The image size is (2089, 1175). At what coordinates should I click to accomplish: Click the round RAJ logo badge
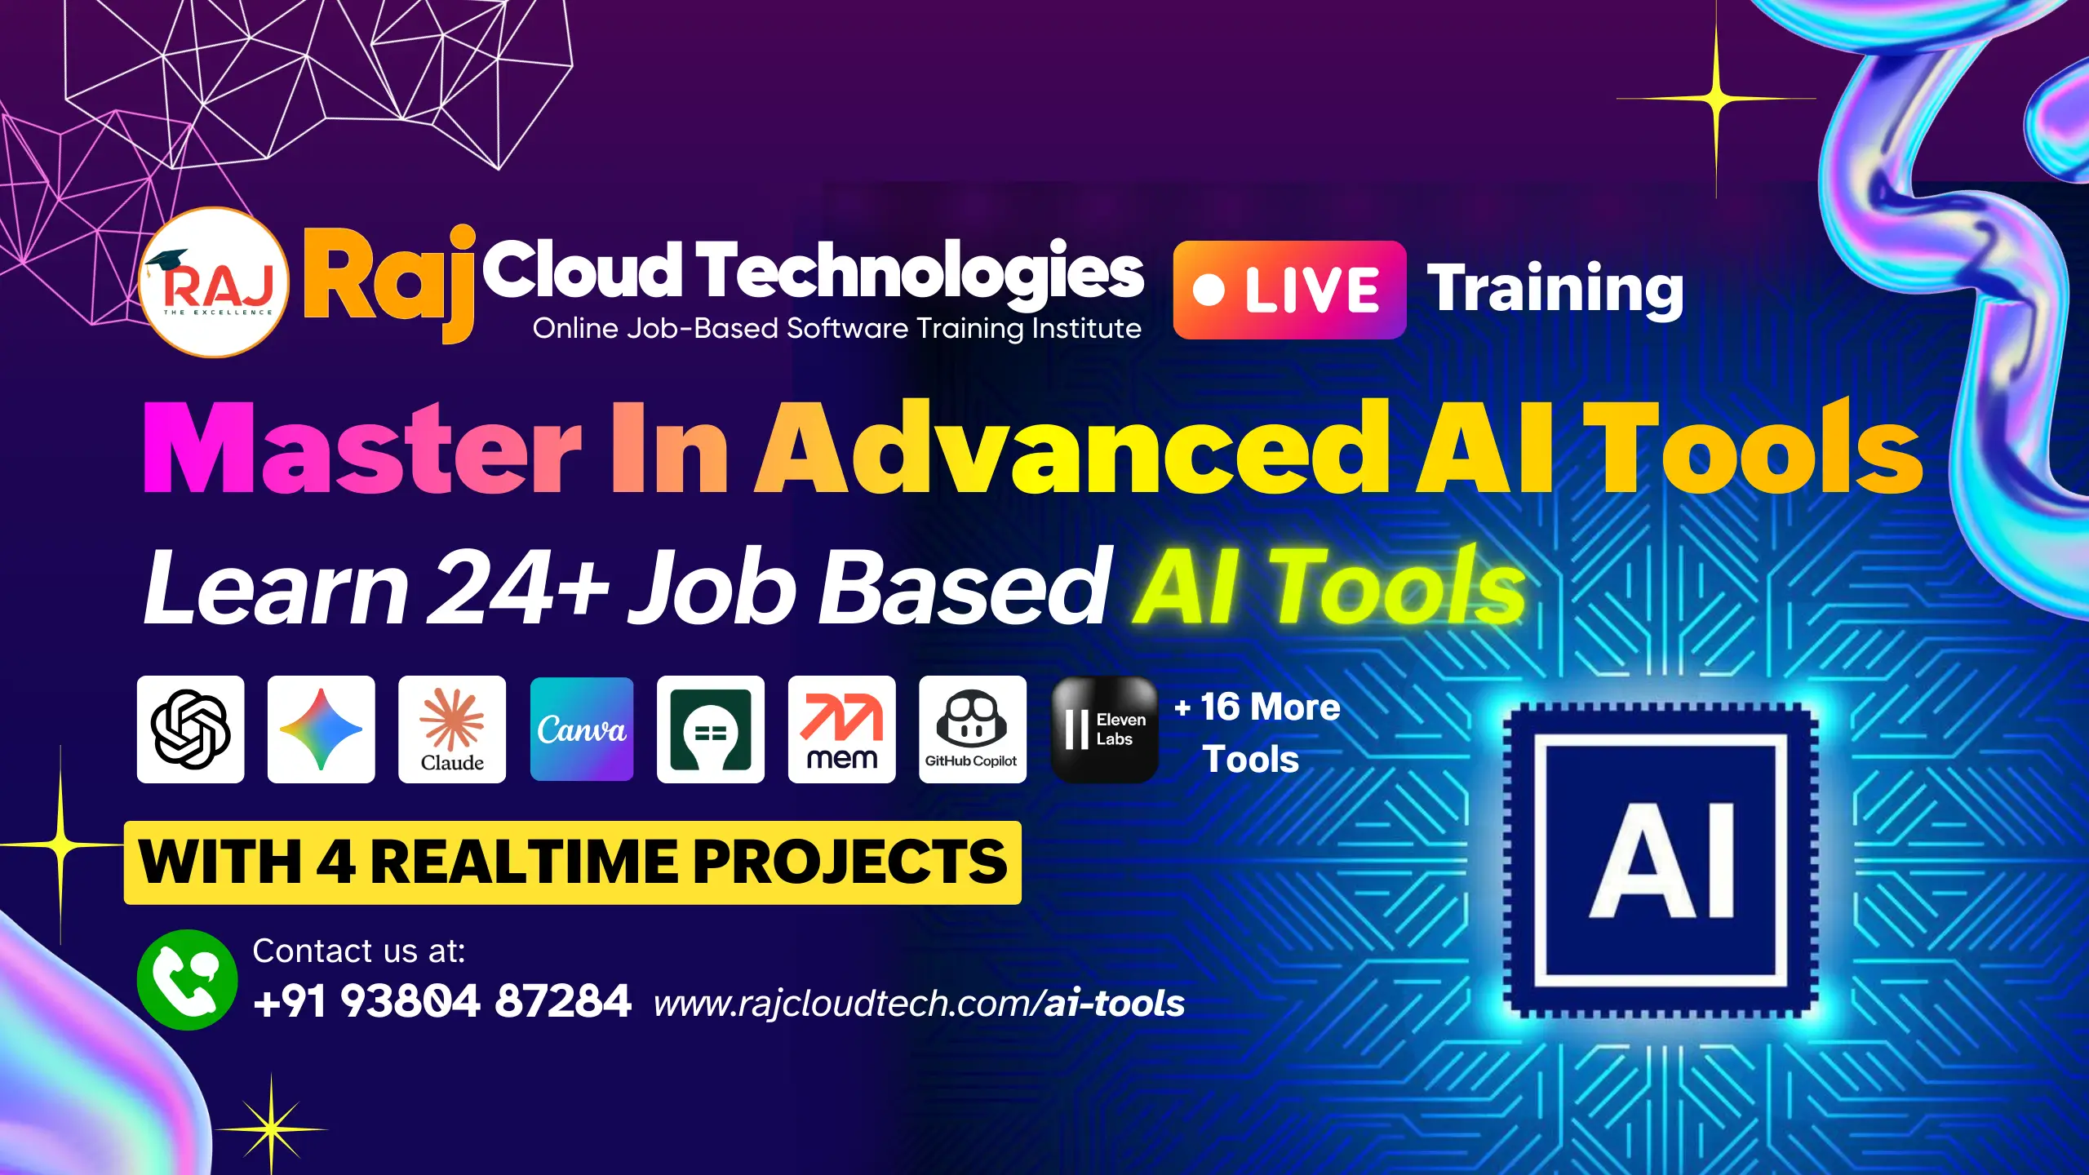click(214, 282)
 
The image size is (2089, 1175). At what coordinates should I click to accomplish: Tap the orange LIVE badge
click(1289, 290)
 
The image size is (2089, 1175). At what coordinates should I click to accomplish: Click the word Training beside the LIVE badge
click(1555, 289)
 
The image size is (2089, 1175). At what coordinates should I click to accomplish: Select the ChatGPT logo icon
click(191, 729)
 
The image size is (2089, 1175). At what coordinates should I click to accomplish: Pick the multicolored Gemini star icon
click(322, 729)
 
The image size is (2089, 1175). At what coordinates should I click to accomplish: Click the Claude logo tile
click(452, 729)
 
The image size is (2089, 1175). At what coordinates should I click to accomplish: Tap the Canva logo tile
click(582, 729)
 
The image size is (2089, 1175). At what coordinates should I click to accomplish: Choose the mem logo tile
click(842, 729)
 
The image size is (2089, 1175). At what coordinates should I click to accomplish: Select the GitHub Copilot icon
click(973, 729)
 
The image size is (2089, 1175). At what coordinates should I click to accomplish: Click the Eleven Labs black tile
click(1105, 729)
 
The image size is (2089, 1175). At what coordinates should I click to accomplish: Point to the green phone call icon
click(187, 980)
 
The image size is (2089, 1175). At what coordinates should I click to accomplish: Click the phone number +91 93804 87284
click(442, 1001)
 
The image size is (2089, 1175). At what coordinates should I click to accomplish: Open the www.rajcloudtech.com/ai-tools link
click(919, 1004)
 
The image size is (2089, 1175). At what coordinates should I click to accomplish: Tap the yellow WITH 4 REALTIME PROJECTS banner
click(573, 862)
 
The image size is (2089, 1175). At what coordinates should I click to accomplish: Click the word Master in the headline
click(361, 448)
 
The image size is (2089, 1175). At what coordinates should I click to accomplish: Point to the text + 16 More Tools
click(1257, 733)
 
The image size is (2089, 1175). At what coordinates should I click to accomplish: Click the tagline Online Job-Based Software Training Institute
click(837, 328)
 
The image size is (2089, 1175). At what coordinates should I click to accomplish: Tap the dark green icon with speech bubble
click(711, 729)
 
